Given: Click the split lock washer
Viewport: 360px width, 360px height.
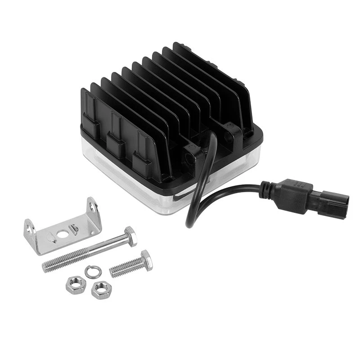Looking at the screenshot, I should pos(90,271).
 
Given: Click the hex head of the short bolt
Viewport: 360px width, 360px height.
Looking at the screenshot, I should pos(146,260).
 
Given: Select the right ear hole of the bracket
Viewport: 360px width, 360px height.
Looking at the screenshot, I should pos(92,207).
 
